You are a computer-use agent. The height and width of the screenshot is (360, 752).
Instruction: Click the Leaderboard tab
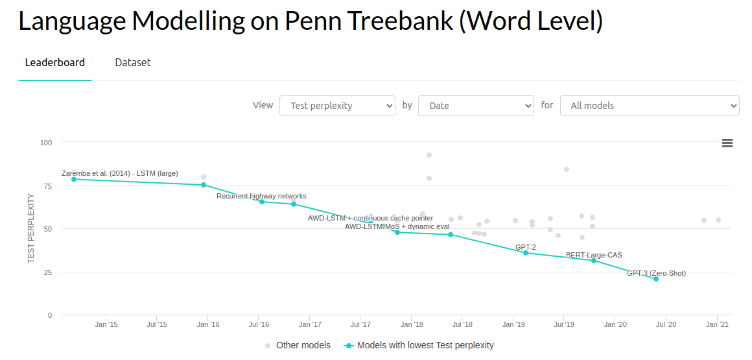pyautogui.click(x=55, y=62)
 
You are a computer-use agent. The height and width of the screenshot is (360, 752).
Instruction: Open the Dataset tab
pyautogui.click(x=133, y=62)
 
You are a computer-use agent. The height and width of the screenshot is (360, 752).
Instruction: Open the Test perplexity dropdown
pyautogui.click(x=337, y=106)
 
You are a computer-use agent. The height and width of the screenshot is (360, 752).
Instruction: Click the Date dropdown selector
pyautogui.click(x=476, y=106)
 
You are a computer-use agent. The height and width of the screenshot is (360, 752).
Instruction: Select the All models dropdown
pyautogui.click(x=650, y=106)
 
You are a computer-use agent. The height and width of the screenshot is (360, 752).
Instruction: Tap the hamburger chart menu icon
pyautogui.click(x=727, y=143)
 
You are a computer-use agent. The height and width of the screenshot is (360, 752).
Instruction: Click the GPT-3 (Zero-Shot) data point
pyautogui.click(x=656, y=279)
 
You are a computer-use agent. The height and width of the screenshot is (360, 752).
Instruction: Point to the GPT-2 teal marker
pyautogui.click(x=526, y=253)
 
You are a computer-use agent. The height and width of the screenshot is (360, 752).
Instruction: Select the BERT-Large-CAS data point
pyautogui.click(x=594, y=261)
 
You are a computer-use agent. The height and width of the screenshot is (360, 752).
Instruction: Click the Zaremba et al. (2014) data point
pyautogui.click(x=74, y=179)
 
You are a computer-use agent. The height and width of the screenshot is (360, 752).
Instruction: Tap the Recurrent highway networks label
pyautogui.click(x=261, y=196)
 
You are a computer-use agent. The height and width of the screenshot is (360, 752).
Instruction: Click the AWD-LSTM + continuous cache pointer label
pyautogui.click(x=370, y=218)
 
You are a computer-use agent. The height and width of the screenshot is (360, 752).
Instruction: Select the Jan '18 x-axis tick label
pyautogui.click(x=412, y=325)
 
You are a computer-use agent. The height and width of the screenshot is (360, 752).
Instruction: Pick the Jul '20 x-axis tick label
pyautogui.click(x=666, y=325)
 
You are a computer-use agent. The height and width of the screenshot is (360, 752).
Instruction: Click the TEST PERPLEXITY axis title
pyautogui.click(x=31, y=228)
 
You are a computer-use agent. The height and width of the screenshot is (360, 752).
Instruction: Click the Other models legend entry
pyautogui.click(x=298, y=345)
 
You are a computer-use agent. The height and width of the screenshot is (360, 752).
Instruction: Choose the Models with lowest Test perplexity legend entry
pyautogui.click(x=419, y=345)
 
